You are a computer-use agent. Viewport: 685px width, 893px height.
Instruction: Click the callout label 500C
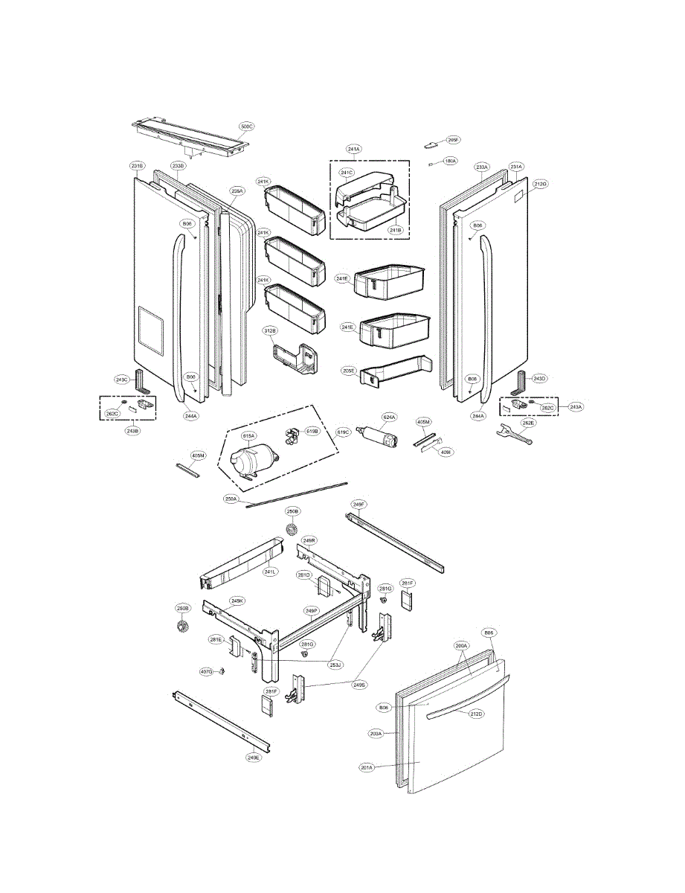[246, 127]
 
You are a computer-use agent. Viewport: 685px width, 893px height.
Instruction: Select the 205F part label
[453, 140]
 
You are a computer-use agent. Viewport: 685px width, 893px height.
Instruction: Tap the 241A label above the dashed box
[354, 149]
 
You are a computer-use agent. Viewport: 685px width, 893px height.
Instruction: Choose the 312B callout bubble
[268, 330]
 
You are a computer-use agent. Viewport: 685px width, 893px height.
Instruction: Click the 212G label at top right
[540, 184]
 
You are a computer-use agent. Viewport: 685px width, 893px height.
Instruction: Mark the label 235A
[237, 191]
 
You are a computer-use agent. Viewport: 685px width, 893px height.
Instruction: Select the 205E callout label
[349, 370]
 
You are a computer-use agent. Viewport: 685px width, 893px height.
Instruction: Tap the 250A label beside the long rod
[231, 499]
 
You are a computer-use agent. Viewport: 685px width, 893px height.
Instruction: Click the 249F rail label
[358, 505]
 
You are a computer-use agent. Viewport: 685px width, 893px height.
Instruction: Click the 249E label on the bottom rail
[254, 758]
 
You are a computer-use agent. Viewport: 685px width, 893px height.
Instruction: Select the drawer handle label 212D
[476, 714]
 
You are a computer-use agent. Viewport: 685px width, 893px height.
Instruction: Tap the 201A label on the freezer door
[366, 767]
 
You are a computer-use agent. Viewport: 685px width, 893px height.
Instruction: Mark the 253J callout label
[335, 664]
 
